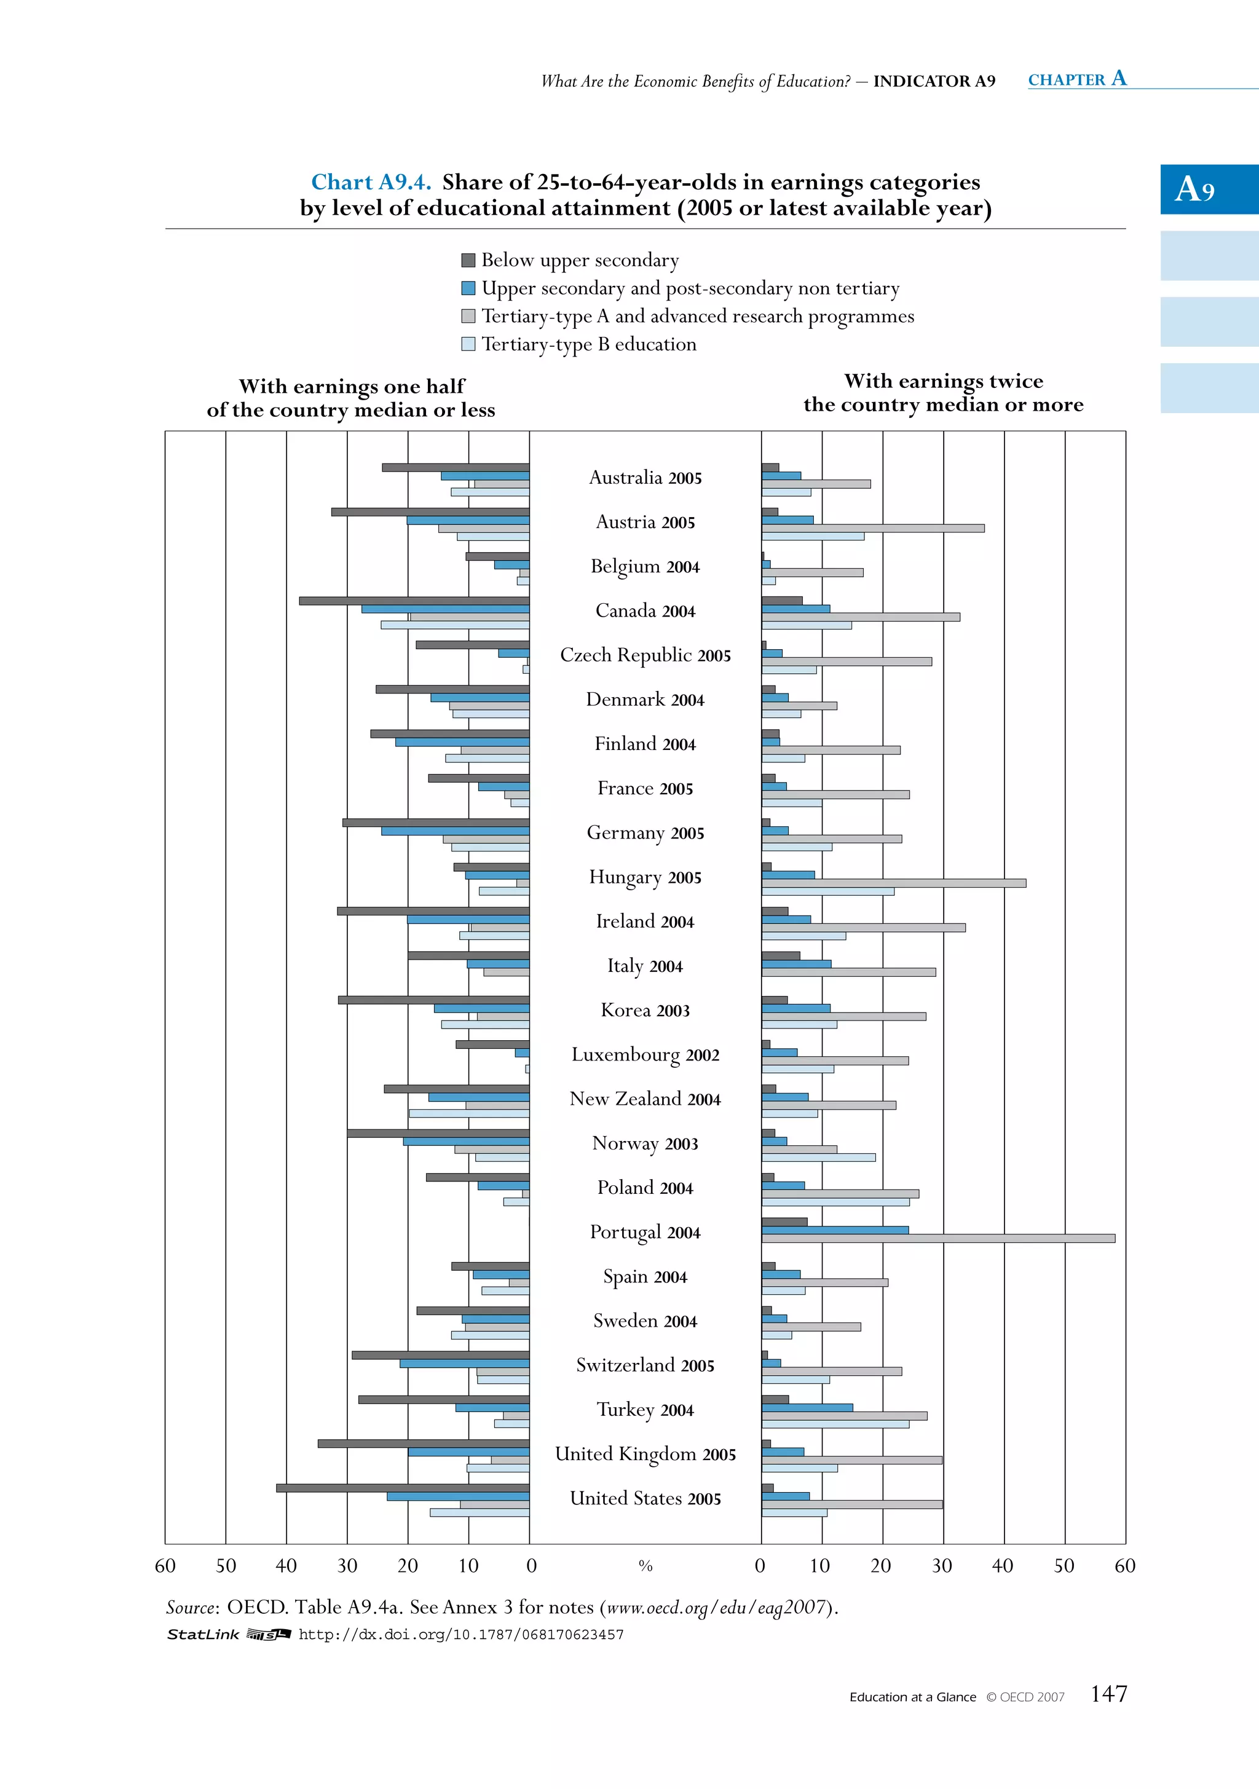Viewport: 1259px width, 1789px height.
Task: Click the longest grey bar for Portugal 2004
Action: (x=938, y=1238)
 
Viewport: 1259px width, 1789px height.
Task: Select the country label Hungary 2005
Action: (x=645, y=877)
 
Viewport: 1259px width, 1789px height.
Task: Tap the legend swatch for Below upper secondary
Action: (x=468, y=260)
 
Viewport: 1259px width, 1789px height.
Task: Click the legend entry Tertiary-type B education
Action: (x=588, y=344)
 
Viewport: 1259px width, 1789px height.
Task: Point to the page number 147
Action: (x=1108, y=1693)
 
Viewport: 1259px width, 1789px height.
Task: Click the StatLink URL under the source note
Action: (x=461, y=1634)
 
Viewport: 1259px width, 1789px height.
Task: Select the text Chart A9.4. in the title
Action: (x=371, y=183)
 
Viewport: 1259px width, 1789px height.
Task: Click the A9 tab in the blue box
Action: (x=1196, y=189)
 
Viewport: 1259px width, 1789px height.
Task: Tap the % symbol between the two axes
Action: (x=645, y=1566)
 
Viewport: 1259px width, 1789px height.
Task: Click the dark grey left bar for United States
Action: (x=403, y=1488)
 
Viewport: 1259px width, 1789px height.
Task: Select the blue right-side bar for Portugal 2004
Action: (x=835, y=1230)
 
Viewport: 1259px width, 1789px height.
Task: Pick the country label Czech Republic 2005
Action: (x=645, y=655)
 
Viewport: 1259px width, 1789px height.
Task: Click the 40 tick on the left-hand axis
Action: (x=286, y=1566)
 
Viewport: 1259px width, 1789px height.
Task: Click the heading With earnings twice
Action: (x=944, y=381)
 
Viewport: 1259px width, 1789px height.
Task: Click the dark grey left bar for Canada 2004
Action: (x=414, y=601)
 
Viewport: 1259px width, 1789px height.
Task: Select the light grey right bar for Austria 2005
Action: (x=872, y=528)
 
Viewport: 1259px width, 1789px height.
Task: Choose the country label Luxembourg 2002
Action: (x=645, y=1055)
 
